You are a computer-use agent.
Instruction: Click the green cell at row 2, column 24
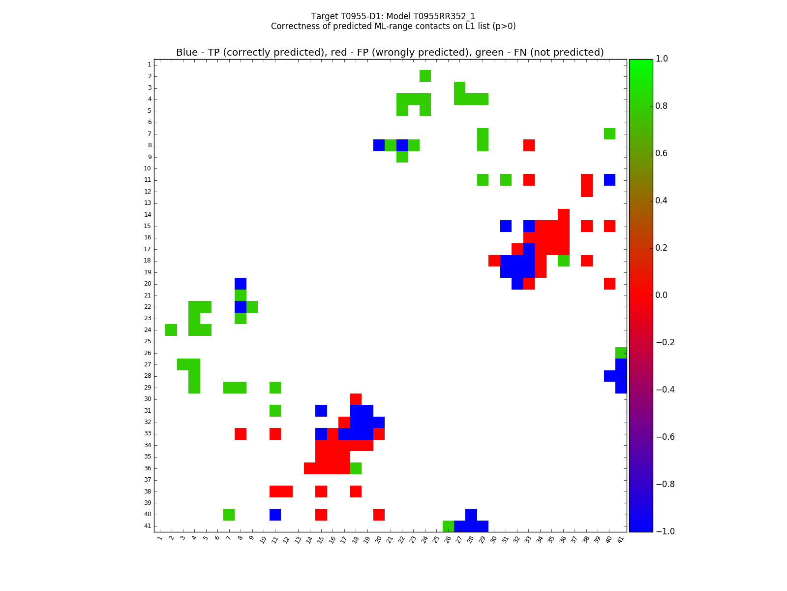pos(425,76)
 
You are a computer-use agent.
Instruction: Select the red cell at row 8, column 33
pos(529,145)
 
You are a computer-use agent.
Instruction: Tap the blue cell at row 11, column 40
pos(609,180)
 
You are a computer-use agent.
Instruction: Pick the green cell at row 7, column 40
pos(609,133)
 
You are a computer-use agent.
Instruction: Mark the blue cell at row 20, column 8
pos(241,284)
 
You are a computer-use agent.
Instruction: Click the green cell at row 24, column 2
pos(171,330)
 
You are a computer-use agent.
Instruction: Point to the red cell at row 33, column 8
pos(241,434)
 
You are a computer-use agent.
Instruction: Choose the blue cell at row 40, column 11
pos(275,515)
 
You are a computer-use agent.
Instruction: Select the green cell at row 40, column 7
pos(229,515)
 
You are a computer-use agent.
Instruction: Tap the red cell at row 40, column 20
pos(379,515)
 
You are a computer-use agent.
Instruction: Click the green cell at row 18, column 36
pos(563,261)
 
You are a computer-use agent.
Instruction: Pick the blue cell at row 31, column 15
pos(321,411)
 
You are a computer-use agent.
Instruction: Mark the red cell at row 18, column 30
pos(494,261)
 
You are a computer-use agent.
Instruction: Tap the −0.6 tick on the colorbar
pos(665,437)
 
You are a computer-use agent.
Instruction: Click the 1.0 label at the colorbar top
pos(662,59)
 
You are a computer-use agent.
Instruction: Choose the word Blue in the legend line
pos(187,53)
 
